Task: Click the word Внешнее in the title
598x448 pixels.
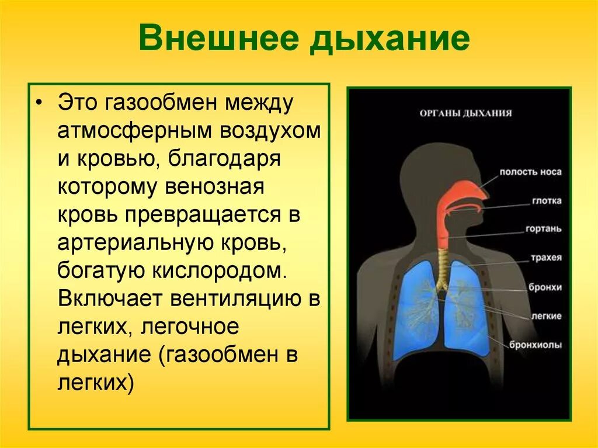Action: (x=220, y=39)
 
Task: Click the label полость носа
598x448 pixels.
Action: (x=530, y=172)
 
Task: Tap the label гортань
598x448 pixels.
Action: (x=543, y=229)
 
